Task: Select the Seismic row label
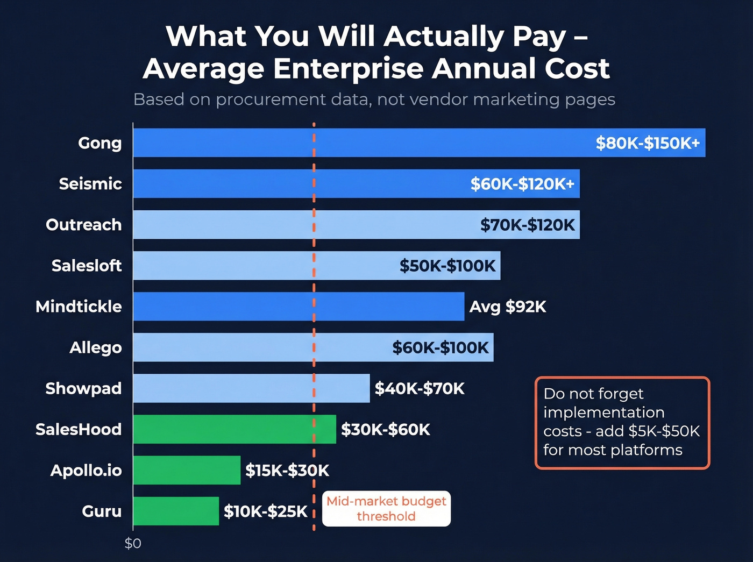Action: coord(90,184)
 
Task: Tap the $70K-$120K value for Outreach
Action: coord(527,225)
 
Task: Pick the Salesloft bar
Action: coord(258,266)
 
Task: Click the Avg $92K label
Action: coord(507,307)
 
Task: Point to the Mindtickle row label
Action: coord(79,307)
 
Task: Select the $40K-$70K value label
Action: coord(420,388)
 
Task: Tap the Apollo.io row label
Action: coord(86,471)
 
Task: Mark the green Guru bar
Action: coord(176,511)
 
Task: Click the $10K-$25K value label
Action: coord(265,511)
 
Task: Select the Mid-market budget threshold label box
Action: coord(386,509)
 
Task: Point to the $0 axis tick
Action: coord(133,544)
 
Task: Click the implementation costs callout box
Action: coord(622,423)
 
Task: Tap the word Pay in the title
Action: coord(538,37)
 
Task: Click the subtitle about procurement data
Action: coord(374,99)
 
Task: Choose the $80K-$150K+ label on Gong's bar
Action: coord(648,143)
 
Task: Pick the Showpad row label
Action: coord(83,388)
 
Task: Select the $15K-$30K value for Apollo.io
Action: coord(287,471)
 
